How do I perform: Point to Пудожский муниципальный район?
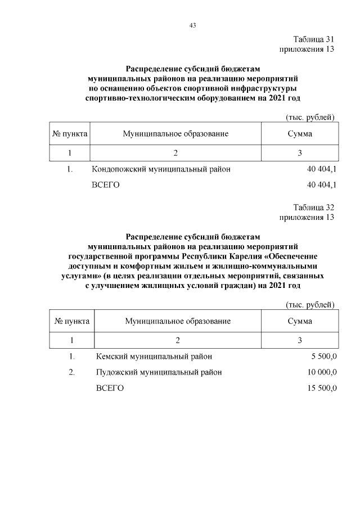(x=159, y=372)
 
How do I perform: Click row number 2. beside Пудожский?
(x=71, y=372)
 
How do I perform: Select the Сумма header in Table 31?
(x=300, y=134)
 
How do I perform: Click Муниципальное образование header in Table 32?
(x=178, y=321)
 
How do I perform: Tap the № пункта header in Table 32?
(x=71, y=321)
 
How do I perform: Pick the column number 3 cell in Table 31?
(x=300, y=153)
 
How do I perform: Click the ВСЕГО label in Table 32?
(x=110, y=388)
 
